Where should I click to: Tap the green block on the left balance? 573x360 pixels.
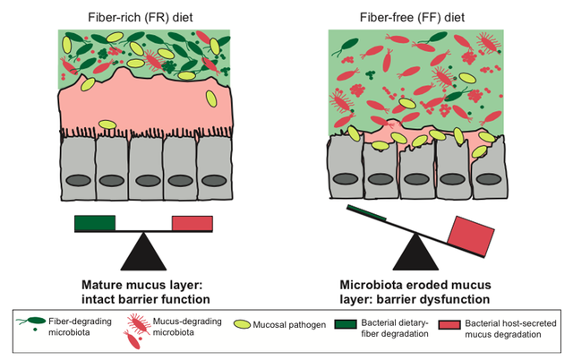pos(95,223)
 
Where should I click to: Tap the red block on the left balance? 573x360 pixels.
pos(192,223)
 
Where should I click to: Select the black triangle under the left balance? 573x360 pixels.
pos(143,250)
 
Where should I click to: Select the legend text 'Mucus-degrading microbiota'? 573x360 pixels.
pos(184,328)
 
